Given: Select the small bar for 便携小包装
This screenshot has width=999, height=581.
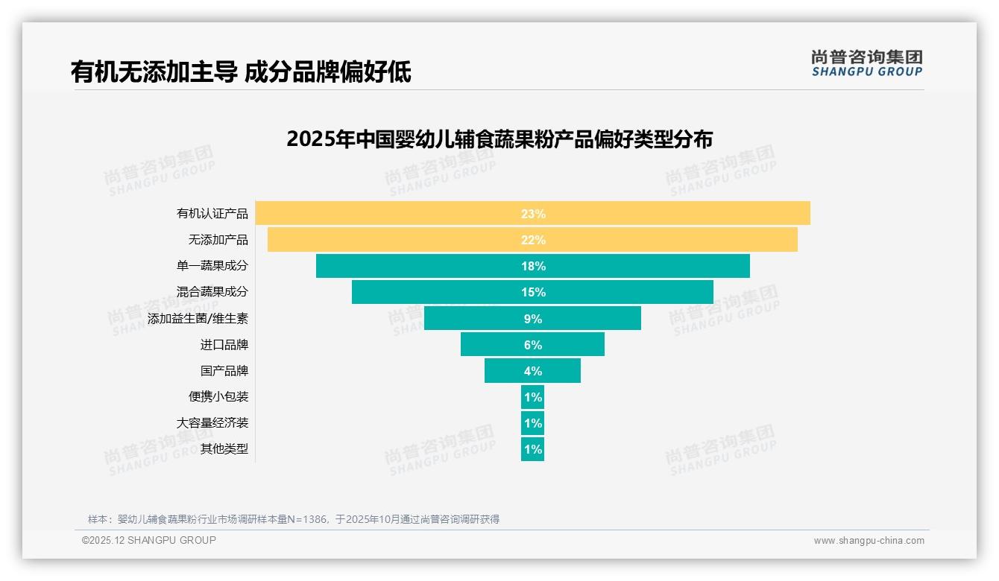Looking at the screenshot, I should coord(532,397).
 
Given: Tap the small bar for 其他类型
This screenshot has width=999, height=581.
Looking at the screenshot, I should coord(532,449).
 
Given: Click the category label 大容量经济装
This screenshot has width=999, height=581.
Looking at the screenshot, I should coord(212,423).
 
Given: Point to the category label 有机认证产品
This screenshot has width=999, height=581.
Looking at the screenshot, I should coord(212,214).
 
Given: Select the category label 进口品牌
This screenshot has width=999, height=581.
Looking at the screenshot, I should coord(224,345).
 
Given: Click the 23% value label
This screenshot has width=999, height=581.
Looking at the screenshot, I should coord(533,214).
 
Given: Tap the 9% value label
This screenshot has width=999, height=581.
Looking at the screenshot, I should coord(533,319).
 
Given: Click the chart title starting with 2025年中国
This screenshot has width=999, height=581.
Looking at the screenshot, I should coord(499,139).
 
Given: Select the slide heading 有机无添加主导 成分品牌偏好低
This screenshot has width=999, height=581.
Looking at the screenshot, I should coord(241,72).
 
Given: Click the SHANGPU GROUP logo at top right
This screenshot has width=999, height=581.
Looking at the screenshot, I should coord(867,63).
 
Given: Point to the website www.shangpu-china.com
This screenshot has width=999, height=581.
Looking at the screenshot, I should coord(869,541).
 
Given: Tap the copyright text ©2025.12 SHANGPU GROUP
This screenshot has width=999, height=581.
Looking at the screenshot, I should coord(149,540).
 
